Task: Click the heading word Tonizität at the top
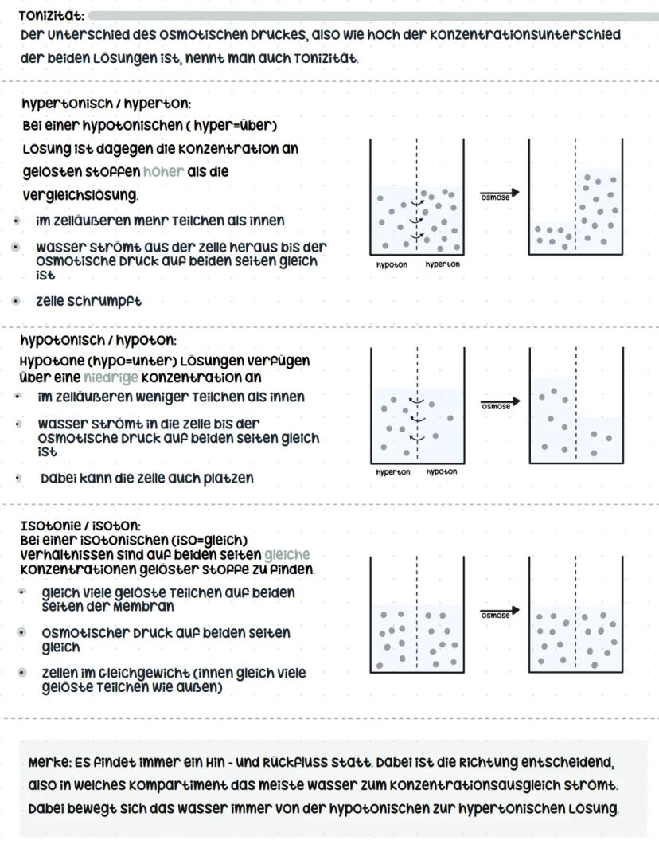point(53,16)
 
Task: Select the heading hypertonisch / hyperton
point(107,104)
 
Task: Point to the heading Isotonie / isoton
point(80,526)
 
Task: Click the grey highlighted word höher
point(164,172)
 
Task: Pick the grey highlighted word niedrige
point(111,377)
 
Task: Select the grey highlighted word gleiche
point(287,554)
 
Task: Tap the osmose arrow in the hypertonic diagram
point(499,193)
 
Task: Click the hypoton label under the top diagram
point(392,264)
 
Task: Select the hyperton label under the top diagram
point(442,264)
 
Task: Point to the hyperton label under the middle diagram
point(393,472)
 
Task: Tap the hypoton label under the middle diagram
point(442,472)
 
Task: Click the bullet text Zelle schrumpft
point(89,302)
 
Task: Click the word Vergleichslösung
point(80,195)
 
